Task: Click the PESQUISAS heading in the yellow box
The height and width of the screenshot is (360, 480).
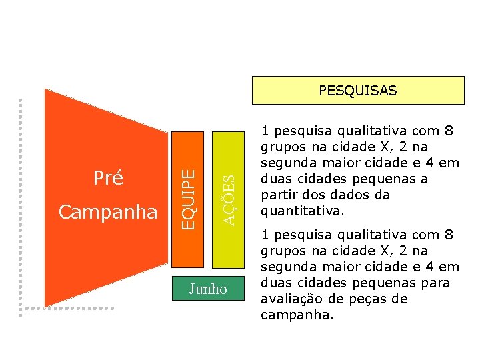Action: [357, 90]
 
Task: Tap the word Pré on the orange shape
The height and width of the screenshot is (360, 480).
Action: [107, 178]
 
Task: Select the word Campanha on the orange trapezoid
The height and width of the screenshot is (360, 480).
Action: [108, 212]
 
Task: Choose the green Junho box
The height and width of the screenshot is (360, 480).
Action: [208, 289]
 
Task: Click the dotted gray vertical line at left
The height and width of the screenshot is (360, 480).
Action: [20, 200]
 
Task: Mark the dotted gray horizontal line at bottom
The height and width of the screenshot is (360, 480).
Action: [67, 309]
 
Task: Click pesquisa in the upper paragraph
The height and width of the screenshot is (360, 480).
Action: [298, 131]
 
